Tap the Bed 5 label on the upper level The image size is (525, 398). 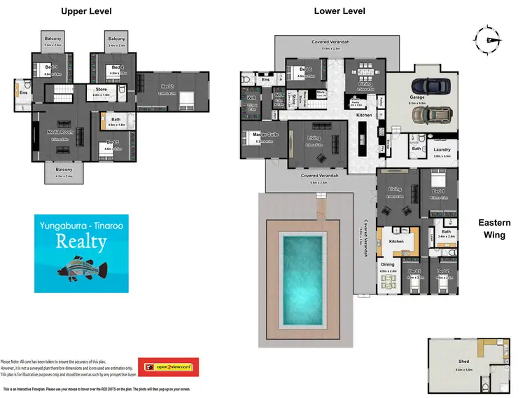click(x=112, y=144)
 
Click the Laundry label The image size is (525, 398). click(x=442, y=149)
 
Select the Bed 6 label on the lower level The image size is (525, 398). click(x=304, y=69)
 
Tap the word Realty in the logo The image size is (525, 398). click(x=82, y=242)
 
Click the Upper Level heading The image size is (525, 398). click(x=86, y=11)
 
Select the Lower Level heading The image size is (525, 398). click(x=339, y=11)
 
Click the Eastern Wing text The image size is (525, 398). click(x=494, y=229)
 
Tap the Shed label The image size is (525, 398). click(x=464, y=362)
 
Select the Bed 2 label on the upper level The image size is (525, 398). click(x=167, y=89)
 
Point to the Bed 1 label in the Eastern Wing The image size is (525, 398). click(x=437, y=191)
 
